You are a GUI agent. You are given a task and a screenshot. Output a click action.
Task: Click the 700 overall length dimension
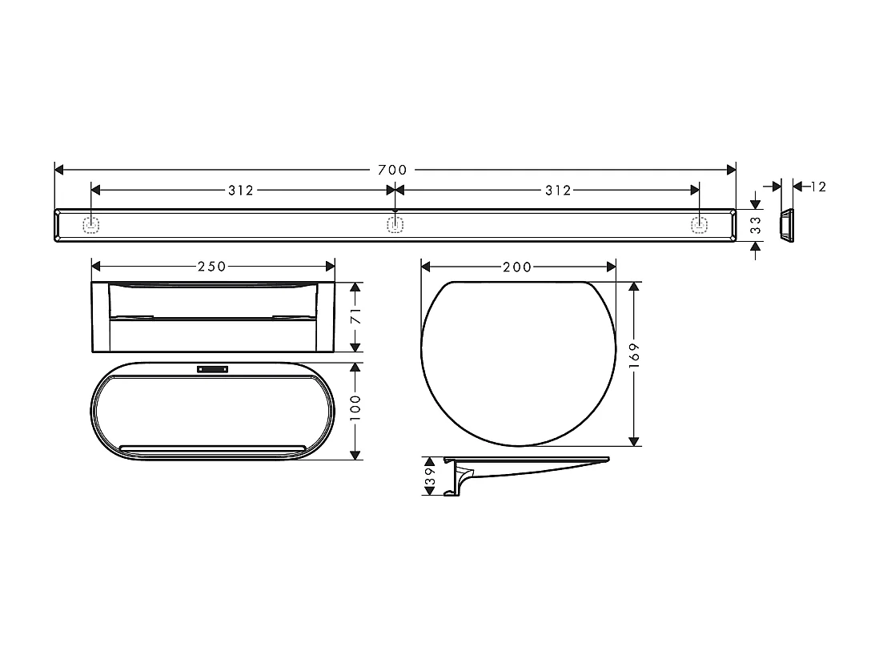click(392, 170)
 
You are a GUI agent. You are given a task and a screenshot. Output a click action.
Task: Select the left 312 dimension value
click(240, 191)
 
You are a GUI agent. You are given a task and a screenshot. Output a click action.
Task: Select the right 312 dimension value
click(558, 191)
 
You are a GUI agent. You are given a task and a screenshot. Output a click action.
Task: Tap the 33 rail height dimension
click(755, 225)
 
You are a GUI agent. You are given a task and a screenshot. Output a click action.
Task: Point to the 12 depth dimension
click(817, 187)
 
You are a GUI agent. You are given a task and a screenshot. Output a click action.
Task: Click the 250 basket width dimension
click(211, 267)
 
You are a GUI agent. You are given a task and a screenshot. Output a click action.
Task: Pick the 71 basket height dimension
click(356, 317)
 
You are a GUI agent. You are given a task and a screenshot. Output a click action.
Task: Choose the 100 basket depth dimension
click(356, 410)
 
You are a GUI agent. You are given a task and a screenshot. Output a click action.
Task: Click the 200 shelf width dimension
click(517, 267)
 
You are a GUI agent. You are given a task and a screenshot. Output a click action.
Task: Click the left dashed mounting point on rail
click(91, 225)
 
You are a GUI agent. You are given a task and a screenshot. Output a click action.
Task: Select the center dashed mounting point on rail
click(394, 225)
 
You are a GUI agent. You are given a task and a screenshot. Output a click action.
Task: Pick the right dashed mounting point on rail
click(699, 225)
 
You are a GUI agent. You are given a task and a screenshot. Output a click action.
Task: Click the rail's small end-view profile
click(787, 225)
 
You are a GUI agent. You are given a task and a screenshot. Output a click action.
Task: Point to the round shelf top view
click(518, 363)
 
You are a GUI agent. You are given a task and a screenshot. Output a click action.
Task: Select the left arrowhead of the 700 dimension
click(58, 170)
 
